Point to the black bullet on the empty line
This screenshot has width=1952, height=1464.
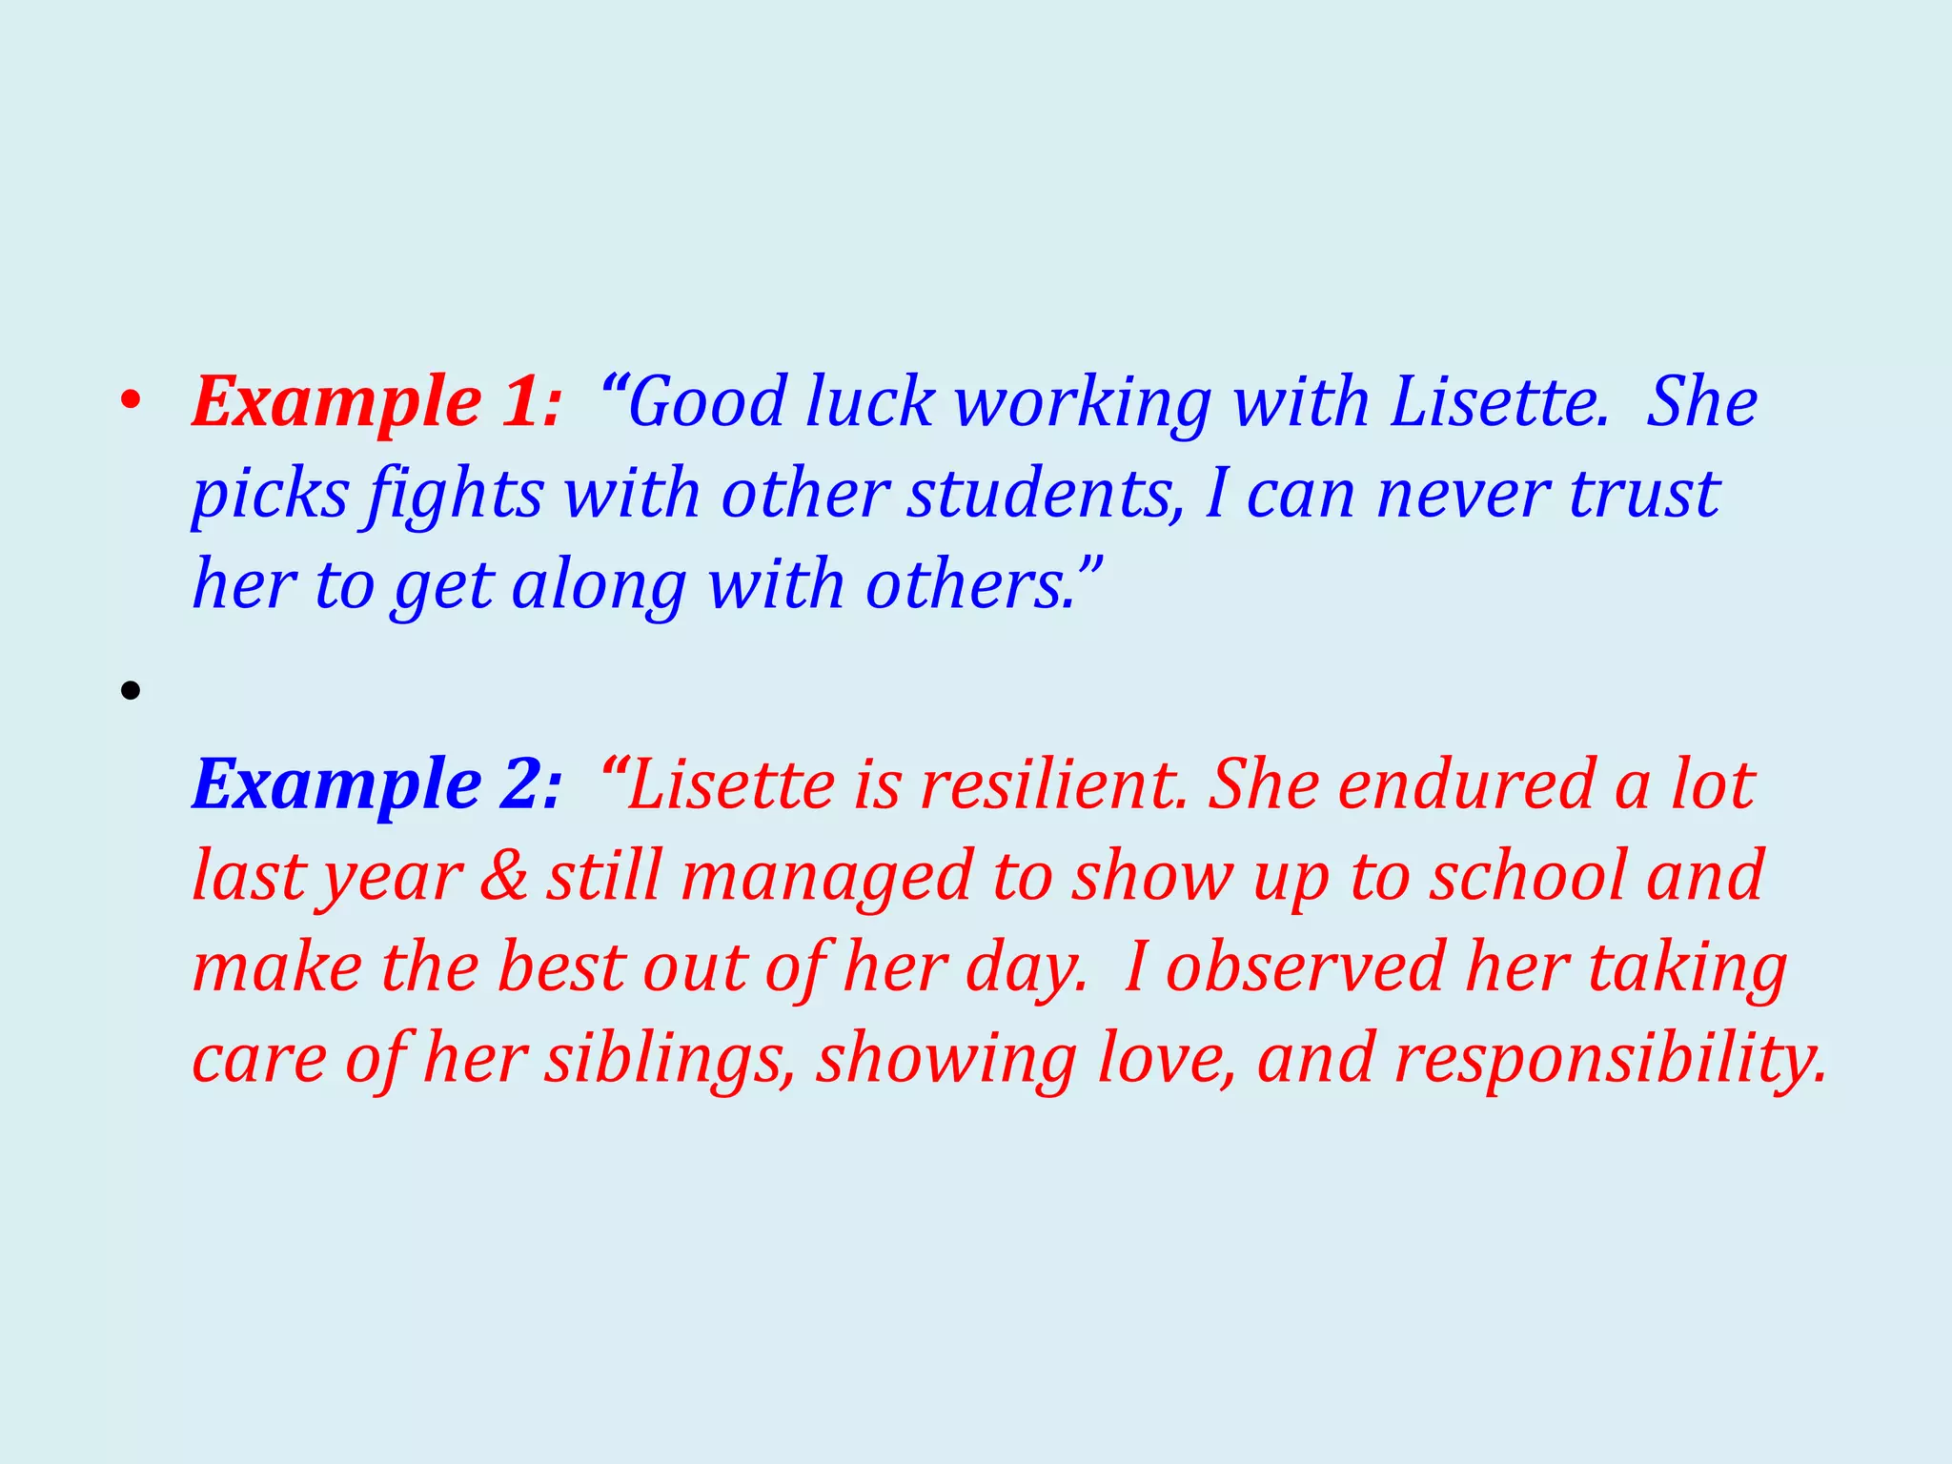131,691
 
